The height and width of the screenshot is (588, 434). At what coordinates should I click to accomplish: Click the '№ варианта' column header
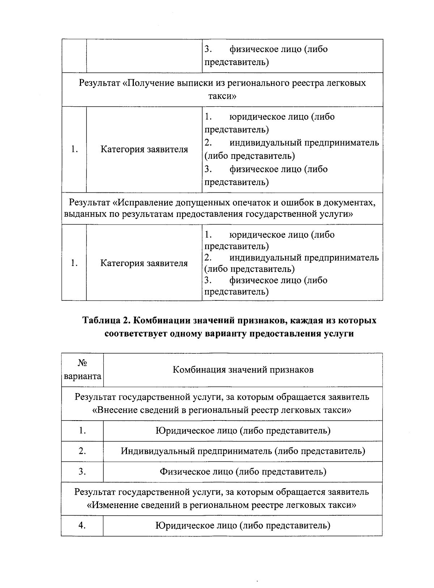[x=82, y=370]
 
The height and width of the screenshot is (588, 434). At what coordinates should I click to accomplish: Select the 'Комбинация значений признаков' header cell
[x=243, y=370]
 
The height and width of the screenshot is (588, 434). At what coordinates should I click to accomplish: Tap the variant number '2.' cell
[x=82, y=451]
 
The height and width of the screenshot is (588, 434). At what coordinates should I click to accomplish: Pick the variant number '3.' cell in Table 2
[x=82, y=472]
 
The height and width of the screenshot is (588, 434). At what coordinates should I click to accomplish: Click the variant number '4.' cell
[x=82, y=525]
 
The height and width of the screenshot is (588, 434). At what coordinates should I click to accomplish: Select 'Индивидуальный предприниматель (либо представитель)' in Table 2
[x=243, y=451]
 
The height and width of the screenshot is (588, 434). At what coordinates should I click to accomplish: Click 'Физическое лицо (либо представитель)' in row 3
[x=243, y=472]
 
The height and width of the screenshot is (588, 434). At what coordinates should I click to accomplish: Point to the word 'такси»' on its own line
[x=222, y=96]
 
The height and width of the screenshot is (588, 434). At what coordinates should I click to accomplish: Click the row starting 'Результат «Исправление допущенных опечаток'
[x=222, y=208]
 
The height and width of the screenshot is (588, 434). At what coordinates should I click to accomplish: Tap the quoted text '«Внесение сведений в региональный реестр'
[x=222, y=410]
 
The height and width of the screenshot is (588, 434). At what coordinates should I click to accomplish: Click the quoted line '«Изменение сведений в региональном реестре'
[x=222, y=505]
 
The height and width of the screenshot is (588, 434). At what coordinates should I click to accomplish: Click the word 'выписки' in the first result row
[x=193, y=83]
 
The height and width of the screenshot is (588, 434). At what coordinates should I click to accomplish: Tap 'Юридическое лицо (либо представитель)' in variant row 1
[x=243, y=431]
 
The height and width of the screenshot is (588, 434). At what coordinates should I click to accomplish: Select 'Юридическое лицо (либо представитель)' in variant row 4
[x=243, y=525]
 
